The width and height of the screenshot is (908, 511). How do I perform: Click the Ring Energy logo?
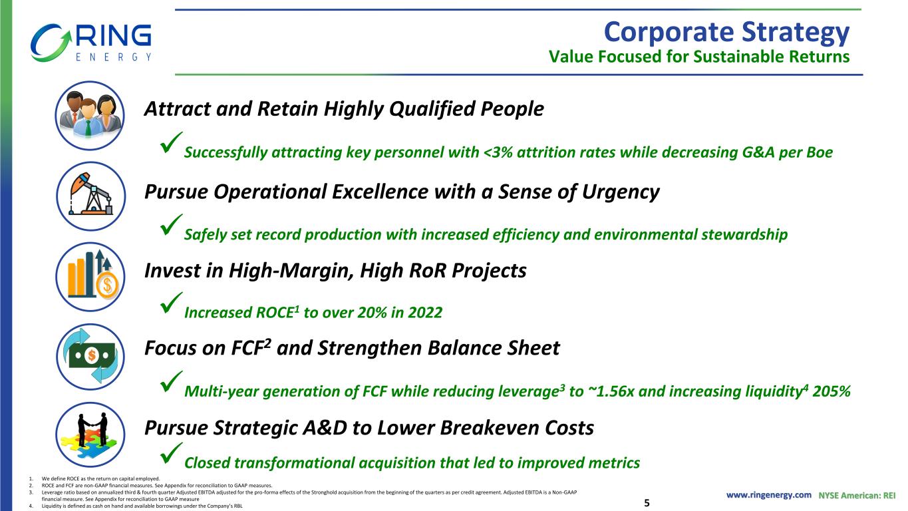[90, 43]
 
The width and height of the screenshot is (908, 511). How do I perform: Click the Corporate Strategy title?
[726, 33]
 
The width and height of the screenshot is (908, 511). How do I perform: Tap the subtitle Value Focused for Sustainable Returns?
[699, 57]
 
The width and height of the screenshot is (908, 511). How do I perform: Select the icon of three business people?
[90, 116]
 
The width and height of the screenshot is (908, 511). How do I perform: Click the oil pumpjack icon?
[90, 196]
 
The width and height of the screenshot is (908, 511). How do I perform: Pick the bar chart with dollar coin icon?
[90, 277]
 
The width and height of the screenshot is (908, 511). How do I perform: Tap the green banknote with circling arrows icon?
[90, 357]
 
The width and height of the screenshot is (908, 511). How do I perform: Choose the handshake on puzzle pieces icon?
[90, 434]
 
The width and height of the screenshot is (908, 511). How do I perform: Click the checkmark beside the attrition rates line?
[171, 142]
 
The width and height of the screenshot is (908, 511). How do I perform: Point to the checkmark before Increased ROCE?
[171, 303]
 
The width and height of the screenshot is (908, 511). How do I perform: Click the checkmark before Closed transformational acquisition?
[171, 453]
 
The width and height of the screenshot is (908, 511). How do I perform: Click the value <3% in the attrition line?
[498, 152]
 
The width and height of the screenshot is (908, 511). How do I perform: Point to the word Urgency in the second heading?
[621, 192]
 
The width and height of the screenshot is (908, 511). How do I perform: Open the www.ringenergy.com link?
[768, 495]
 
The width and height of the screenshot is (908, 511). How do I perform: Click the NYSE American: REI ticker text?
[857, 496]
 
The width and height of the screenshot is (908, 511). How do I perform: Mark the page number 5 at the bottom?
[647, 503]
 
